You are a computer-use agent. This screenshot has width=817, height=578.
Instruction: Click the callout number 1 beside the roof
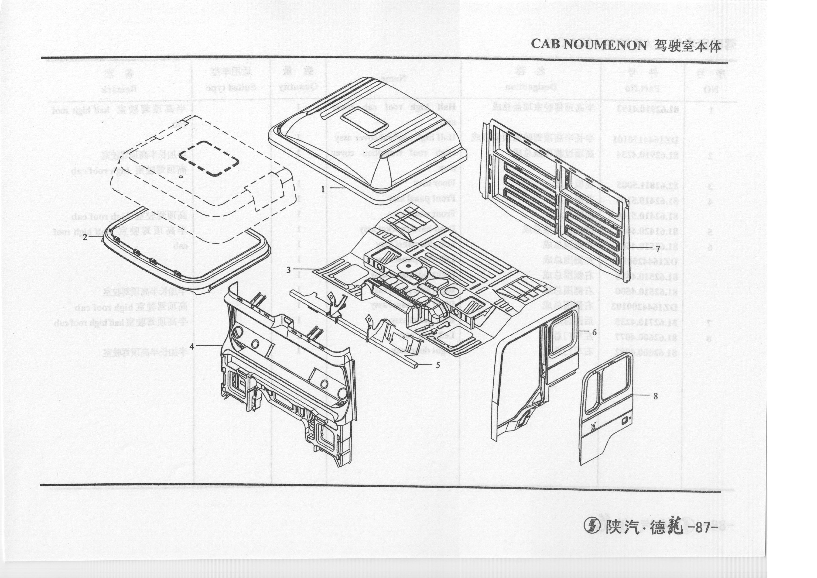point(323,189)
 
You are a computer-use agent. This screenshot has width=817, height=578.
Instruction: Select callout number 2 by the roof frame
point(85,237)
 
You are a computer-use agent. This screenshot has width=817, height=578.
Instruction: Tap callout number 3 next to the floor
point(289,270)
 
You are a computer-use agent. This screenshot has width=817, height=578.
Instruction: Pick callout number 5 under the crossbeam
point(438,365)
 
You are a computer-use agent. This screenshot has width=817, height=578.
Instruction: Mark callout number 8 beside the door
point(656,396)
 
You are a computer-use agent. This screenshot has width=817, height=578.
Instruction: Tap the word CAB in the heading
point(546,45)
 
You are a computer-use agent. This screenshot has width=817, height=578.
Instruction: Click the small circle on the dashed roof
point(181,177)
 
